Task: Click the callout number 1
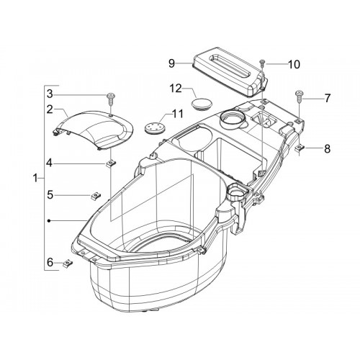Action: coord(35,179)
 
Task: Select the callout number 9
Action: coord(171,63)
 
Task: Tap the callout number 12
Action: coord(176,89)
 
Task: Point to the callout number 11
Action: coord(178,114)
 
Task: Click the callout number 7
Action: coord(328,99)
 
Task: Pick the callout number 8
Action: coord(328,149)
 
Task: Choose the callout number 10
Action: coord(294,64)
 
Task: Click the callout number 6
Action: coord(50,262)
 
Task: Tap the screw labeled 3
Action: coord(111,99)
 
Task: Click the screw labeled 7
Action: coord(300,96)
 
